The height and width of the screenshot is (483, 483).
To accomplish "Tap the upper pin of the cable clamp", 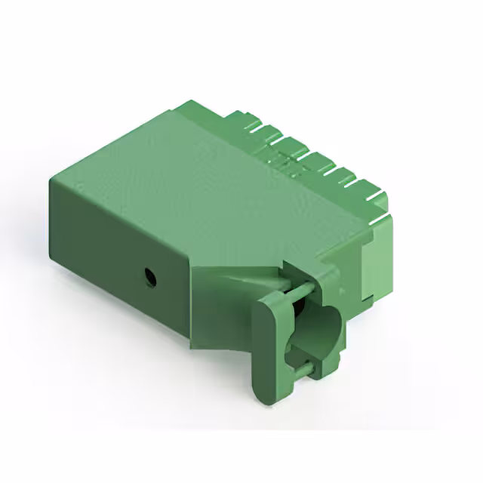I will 298,290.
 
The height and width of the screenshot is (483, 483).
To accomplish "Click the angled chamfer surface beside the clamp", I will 226,302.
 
